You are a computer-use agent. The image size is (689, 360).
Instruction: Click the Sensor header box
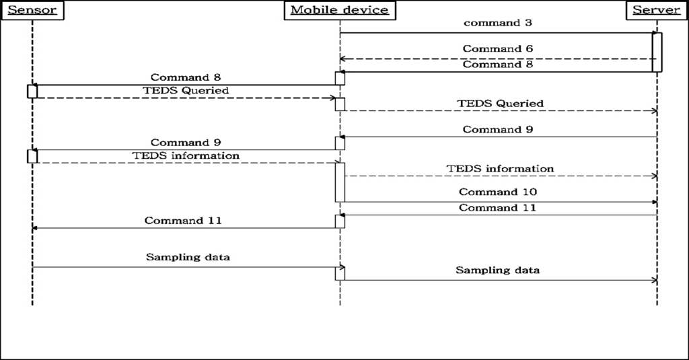click(x=32, y=10)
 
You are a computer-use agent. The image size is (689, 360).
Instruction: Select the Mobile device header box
click(x=339, y=10)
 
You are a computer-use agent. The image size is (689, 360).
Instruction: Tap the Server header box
click(x=657, y=10)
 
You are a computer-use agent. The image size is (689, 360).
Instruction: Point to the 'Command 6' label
click(x=497, y=49)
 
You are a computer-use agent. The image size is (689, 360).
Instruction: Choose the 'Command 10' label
click(x=497, y=192)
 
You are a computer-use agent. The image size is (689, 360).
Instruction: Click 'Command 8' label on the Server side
click(x=497, y=65)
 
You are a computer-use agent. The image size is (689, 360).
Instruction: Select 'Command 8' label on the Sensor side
click(x=186, y=77)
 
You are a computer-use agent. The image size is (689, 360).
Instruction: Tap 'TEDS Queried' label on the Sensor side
click(x=186, y=90)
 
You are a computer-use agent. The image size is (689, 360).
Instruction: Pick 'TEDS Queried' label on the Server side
click(x=500, y=104)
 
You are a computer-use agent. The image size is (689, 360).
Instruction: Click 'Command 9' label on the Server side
click(x=497, y=129)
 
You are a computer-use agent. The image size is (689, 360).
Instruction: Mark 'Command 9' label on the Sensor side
click(x=186, y=143)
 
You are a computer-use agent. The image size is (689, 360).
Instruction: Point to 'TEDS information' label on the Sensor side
click(x=186, y=155)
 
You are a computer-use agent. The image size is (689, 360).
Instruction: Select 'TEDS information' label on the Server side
click(x=500, y=168)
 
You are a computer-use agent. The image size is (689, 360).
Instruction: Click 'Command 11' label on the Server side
click(x=497, y=208)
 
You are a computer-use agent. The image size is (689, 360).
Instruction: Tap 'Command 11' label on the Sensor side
click(x=183, y=221)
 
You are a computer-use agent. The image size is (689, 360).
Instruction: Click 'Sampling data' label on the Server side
click(x=497, y=271)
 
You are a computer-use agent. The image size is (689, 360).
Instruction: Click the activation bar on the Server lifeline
click(x=657, y=52)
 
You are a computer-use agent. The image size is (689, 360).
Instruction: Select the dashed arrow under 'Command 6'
click(x=497, y=59)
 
